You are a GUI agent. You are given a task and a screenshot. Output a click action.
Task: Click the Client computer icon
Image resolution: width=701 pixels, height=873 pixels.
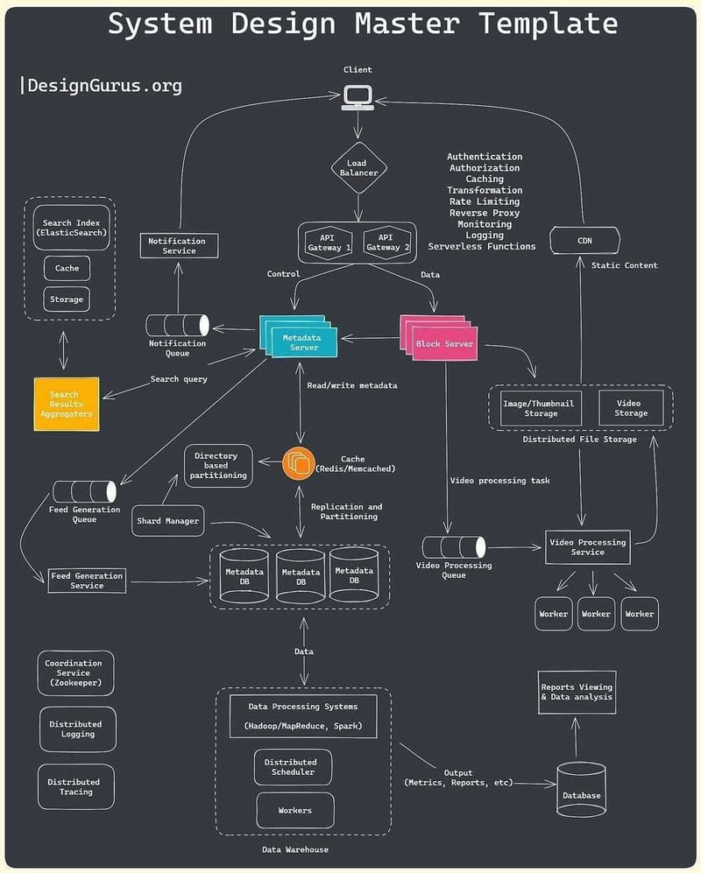point(357,96)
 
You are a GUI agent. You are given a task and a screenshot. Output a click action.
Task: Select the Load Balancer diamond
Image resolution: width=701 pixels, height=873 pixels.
point(358,168)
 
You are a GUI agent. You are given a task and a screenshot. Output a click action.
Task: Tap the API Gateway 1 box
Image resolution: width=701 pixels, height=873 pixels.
point(327,243)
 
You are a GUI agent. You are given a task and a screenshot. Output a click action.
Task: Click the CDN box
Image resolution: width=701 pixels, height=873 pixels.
point(584,240)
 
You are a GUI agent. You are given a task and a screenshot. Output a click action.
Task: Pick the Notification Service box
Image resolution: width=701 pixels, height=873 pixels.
point(179,246)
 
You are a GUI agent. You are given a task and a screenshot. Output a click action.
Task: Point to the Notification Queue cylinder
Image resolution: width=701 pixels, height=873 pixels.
point(178,325)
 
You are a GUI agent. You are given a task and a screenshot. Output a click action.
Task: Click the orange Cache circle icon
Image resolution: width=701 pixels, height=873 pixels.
point(299,463)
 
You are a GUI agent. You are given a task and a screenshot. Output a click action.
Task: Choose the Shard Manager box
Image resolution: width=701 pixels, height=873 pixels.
point(167,521)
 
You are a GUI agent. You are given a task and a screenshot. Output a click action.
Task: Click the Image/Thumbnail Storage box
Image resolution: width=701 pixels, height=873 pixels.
point(541,408)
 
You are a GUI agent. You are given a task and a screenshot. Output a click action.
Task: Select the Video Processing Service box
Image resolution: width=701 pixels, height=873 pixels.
point(587,547)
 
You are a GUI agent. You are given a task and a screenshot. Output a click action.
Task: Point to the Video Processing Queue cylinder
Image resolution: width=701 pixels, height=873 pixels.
point(453,547)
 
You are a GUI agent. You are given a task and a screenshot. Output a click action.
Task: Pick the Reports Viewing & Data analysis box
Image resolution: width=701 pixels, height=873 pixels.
point(577,693)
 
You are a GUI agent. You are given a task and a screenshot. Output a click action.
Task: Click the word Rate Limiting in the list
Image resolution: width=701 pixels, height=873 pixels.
point(485,201)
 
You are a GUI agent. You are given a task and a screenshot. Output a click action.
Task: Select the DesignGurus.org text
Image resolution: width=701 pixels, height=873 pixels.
point(103,85)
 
